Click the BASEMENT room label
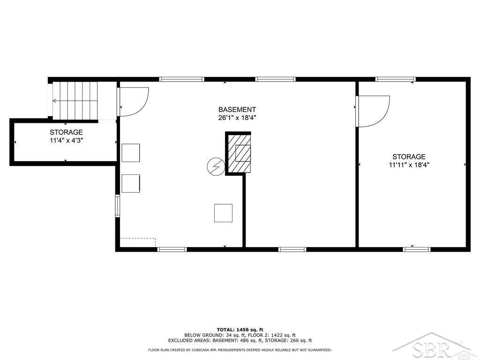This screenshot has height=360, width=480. click(x=237, y=110)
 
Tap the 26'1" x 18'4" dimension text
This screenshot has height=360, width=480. click(x=237, y=118)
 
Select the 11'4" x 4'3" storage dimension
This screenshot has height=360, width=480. click(x=67, y=141)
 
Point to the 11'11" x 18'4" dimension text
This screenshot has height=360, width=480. click(x=409, y=165)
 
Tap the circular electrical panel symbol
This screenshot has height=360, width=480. click(x=216, y=166)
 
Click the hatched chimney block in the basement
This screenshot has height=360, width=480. click(x=239, y=153)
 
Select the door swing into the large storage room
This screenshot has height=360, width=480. click(x=372, y=111)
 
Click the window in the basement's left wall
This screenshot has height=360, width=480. click(x=117, y=206)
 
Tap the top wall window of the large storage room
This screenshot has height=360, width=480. click(x=396, y=79)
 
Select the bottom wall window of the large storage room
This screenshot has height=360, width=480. click(x=417, y=249)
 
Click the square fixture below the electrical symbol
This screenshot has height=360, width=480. click(x=223, y=213)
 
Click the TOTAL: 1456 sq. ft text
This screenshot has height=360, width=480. click(x=240, y=330)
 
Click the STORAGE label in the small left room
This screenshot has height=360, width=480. click(x=67, y=132)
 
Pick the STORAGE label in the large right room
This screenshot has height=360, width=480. click(x=409, y=157)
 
